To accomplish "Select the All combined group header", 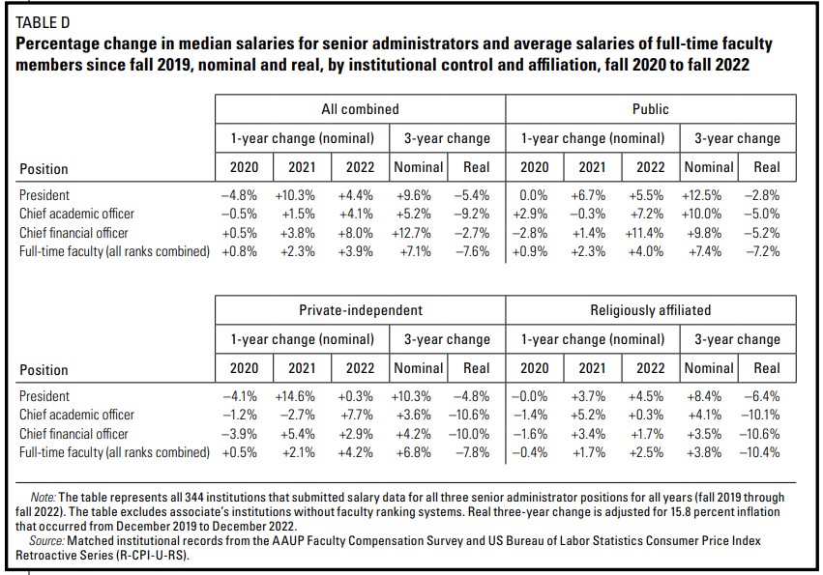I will (x=360, y=109).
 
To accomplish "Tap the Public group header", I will (x=651, y=109).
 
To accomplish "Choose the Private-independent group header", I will (x=360, y=310).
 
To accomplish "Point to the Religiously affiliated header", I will (x=651, y=310).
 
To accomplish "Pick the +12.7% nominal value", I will (x=418, y=232).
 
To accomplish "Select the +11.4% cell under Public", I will (x=650, y=232).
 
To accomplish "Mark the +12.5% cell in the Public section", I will (x=708, y=194).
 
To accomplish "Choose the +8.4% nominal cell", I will (x=708, y=395).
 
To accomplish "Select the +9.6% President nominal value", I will (x=418, y=194).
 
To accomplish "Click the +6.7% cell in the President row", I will (x=592, y=194).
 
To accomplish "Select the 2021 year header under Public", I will (x=592, y=167).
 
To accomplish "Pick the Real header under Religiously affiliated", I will (x=766, y=368).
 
